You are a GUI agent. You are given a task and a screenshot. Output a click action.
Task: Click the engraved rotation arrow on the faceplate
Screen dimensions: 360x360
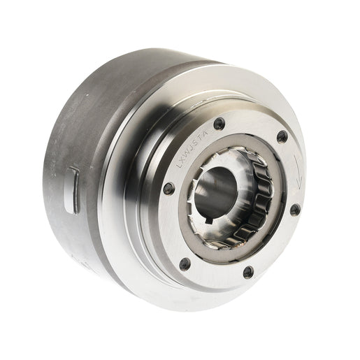point(298,172)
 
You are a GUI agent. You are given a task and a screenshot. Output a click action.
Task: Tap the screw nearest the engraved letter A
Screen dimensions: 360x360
point(219,124)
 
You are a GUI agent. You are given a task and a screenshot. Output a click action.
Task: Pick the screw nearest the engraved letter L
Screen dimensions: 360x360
point(168,187)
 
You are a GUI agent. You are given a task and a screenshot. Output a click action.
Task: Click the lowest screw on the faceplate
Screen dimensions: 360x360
point(247,271)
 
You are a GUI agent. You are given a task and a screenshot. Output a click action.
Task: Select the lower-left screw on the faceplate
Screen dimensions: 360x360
point(185,264)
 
